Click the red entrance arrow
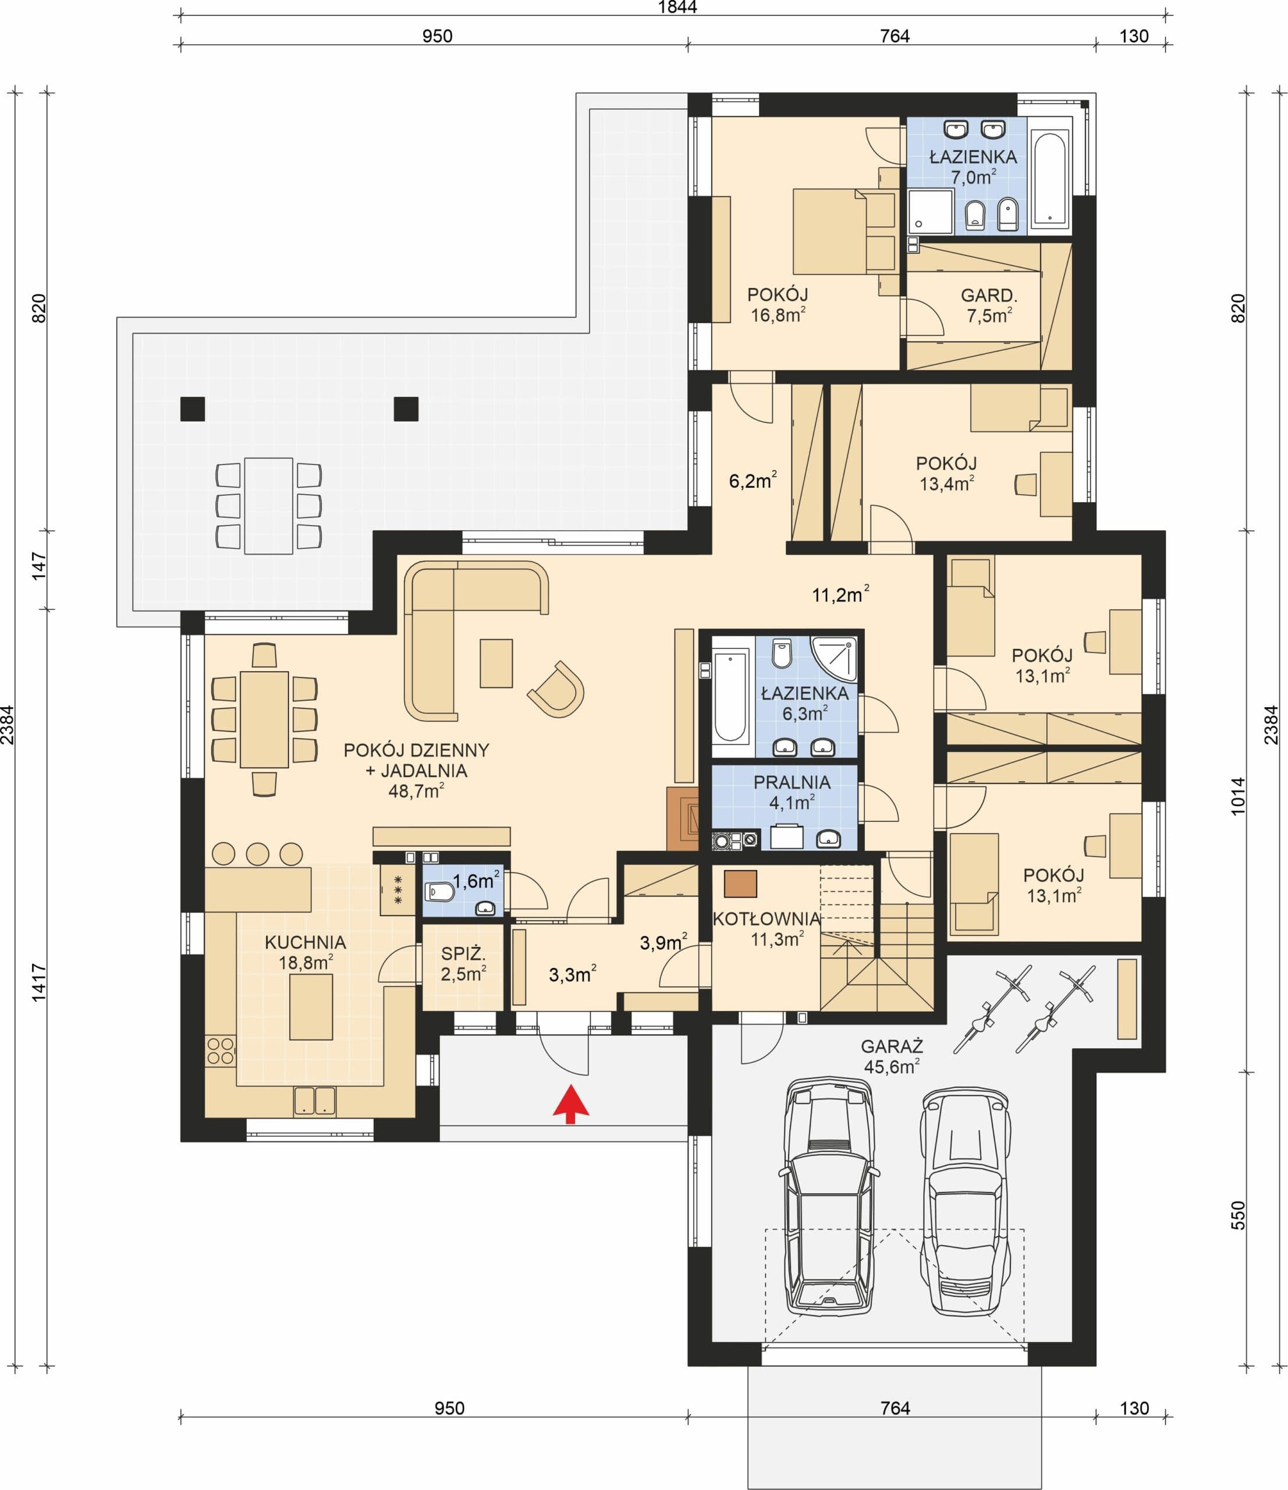(x=571, y=1103)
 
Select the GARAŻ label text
(x=892, y=1047)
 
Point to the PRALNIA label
(x=792, y=782)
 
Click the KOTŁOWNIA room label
(x=767, y=919)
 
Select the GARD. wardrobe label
(x=989, y=295)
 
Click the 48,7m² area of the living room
(x=416, y=791)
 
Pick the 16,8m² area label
(x=778, y=314)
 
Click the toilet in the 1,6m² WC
(x=440, y=892)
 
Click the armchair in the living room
(x=556, y=689)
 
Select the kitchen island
(x=311, y=1007)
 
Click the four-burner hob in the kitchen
(x=221, y=1051)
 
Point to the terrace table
(x=268, y=506)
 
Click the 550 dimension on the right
(x=1237, y=1215)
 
